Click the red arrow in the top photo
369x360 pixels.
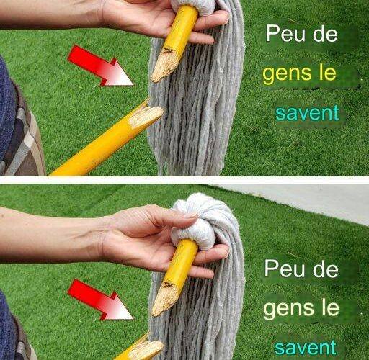pyautogui.click(x=99, y=66)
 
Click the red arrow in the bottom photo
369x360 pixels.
pyautogui.click(x=99, y=300)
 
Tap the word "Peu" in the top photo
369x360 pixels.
pyautogui.click(x=285, y=34)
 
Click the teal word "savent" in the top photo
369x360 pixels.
pyautogui.click(x=307, y=113)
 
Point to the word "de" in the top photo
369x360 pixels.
pyautogui.click(x=325, y=34)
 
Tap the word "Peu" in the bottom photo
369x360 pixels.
pyautogui.click(x=285, y=269)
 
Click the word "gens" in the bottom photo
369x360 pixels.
pyautogui.click(x=288, y=310)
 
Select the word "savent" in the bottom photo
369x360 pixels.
pyautogui.click(x=306, y=347)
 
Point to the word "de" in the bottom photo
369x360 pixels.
pyautogui.click(x=326, y=269)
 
